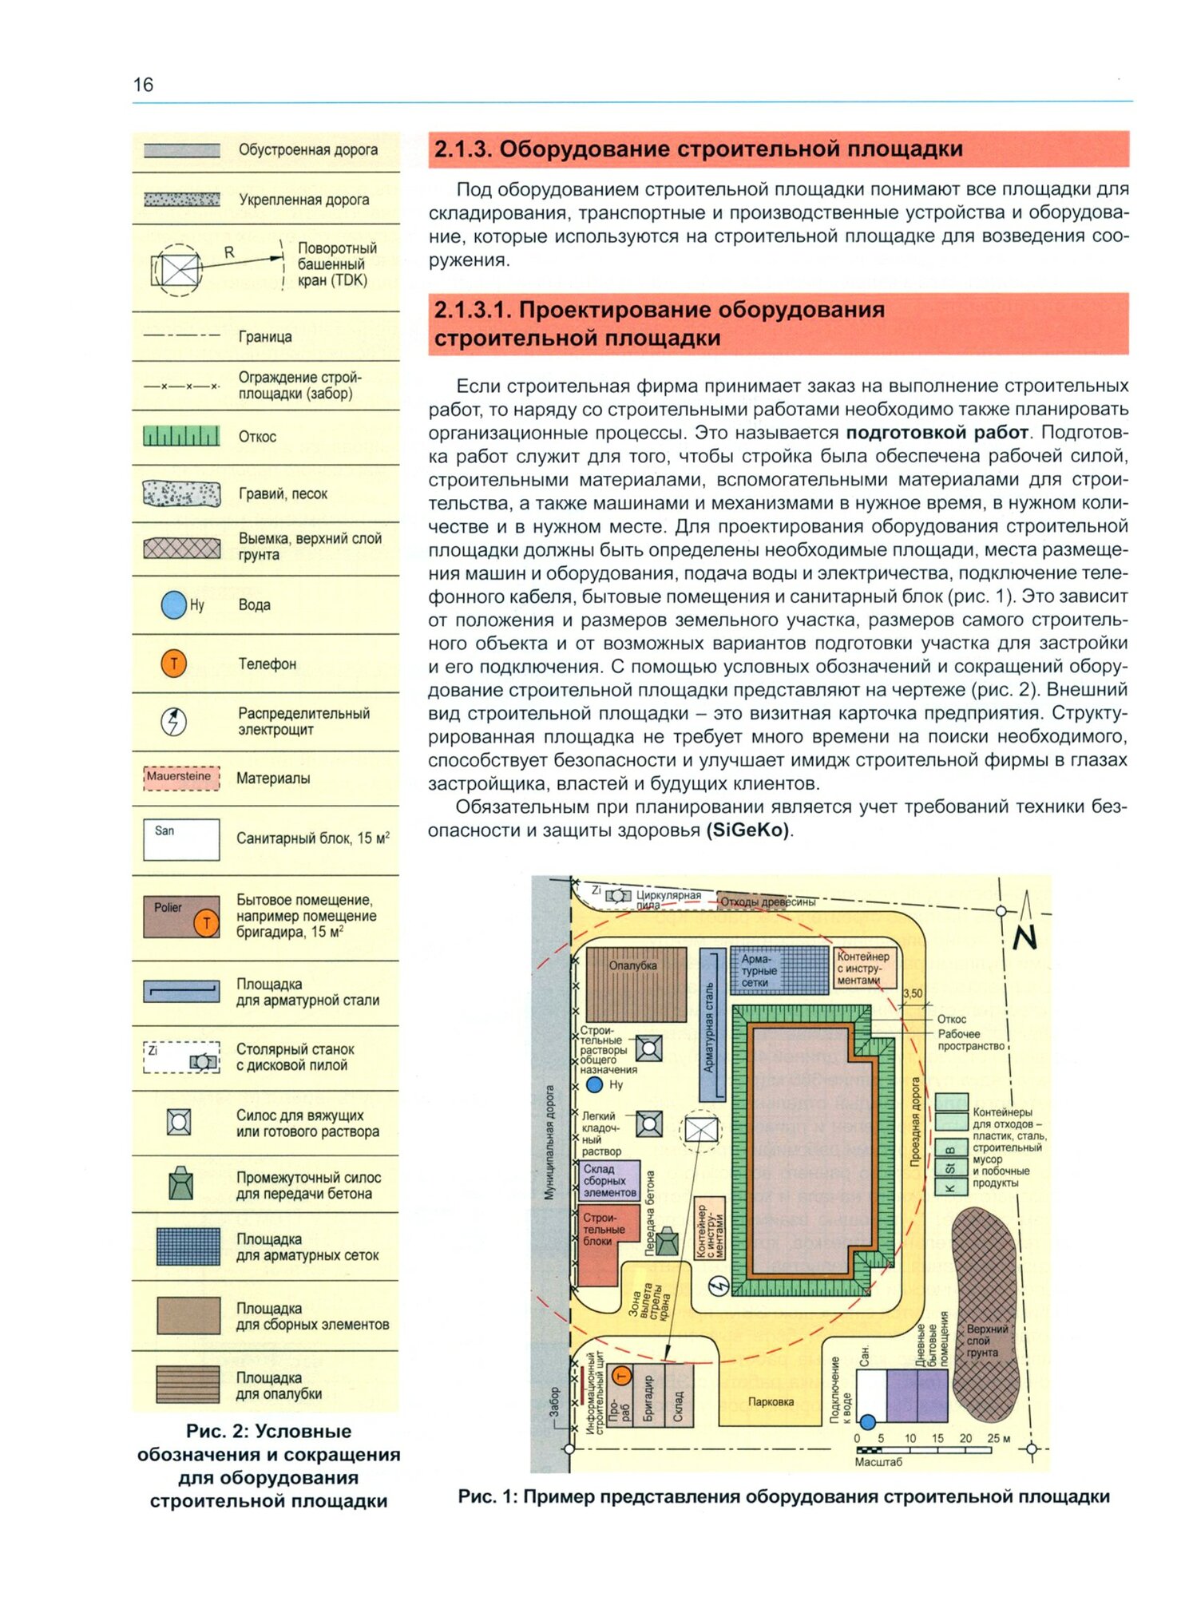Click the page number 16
click(143, 85)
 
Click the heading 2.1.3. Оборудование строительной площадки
click(698, 149)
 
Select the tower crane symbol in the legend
click(178, 270)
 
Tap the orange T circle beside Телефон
click(173, 663)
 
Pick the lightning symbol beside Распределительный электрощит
click(173, 721)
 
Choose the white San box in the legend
click(181, 838)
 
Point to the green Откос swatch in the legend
click(181, 436)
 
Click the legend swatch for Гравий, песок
click(181, 493)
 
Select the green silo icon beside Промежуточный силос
click(181, 1183)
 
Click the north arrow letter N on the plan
click(1024, 937)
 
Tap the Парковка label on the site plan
click(771, 1401)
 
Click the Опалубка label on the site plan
click(632, 965)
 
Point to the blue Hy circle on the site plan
click(594, 1084)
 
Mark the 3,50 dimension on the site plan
click(912, 993)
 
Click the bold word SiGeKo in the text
click(747, 830)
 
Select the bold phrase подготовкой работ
click(936, 432)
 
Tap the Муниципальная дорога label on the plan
click(549, 1142)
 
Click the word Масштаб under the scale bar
click(878, 1461)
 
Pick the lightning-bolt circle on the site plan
click(719, 1286)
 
